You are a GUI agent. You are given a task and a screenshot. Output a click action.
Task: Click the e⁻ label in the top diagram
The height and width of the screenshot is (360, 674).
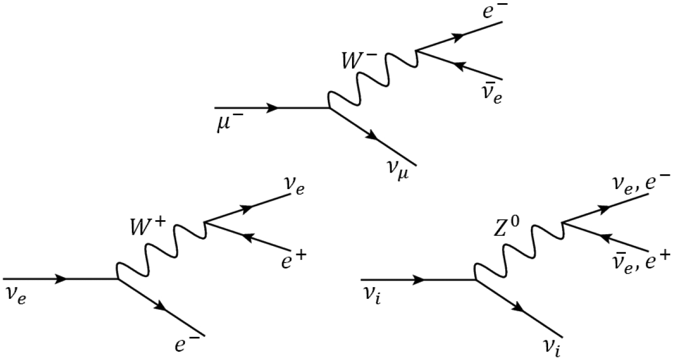coord(488,12)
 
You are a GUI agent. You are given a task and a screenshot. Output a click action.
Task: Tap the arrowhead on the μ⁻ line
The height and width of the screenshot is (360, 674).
coord(272,108)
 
